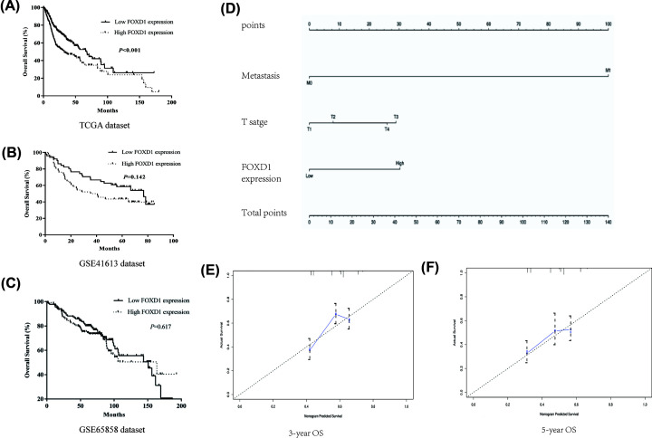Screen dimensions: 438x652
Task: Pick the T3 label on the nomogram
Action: click(x=395, y=117)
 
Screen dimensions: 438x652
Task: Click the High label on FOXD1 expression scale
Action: click(x=399, y=163)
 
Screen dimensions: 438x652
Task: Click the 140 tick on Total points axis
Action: click(x=608, y=223)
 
